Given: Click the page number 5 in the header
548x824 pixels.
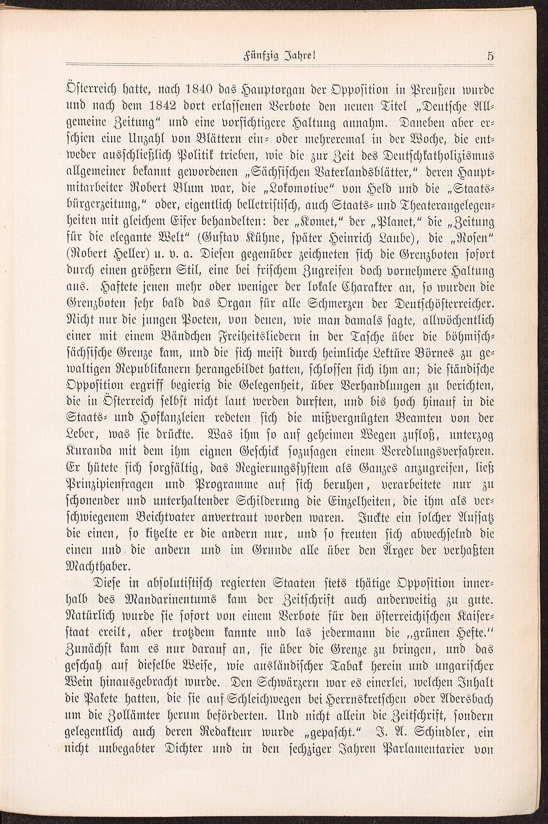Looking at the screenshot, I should tap(490, 56).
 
